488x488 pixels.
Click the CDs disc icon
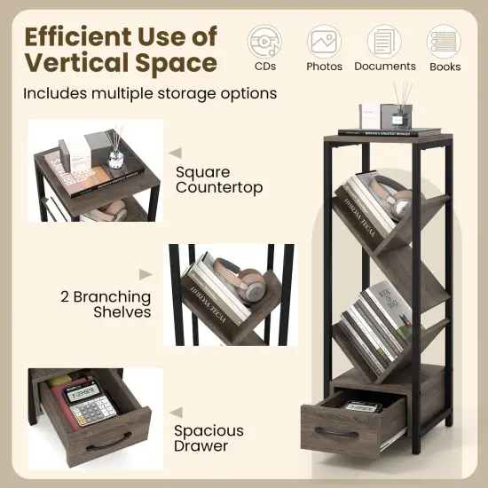[264, 41]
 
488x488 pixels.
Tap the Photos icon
[324, 41]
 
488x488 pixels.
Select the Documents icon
[384, 41]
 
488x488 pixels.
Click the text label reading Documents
[384, 67]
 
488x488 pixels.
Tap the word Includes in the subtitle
[55, 93]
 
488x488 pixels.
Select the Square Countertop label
[207, 179]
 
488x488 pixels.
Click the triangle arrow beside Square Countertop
[176, 152]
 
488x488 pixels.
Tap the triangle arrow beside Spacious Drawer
[176, 410]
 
